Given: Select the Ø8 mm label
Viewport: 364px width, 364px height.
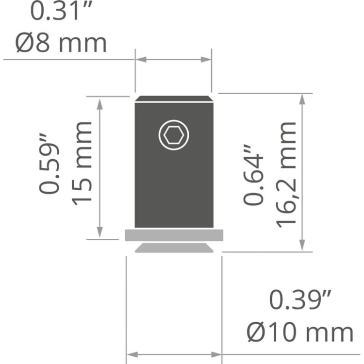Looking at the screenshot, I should pos(61,43).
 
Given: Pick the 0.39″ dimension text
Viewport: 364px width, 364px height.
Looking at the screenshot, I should pos(300,300).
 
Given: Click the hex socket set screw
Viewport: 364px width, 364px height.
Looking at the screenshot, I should pos(174,134).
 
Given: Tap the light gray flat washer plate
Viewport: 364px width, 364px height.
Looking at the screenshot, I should pos(174,235).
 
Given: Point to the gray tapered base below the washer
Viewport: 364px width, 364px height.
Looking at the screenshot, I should pos(174,248).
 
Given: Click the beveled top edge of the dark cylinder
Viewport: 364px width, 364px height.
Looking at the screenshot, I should pos(174,99).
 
